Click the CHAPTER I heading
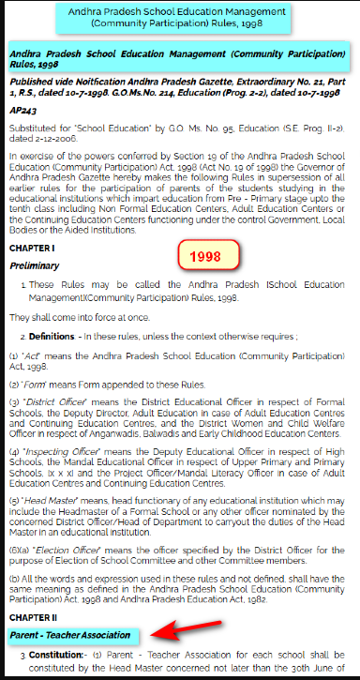click(32, 248)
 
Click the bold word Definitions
click(52, 336)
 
